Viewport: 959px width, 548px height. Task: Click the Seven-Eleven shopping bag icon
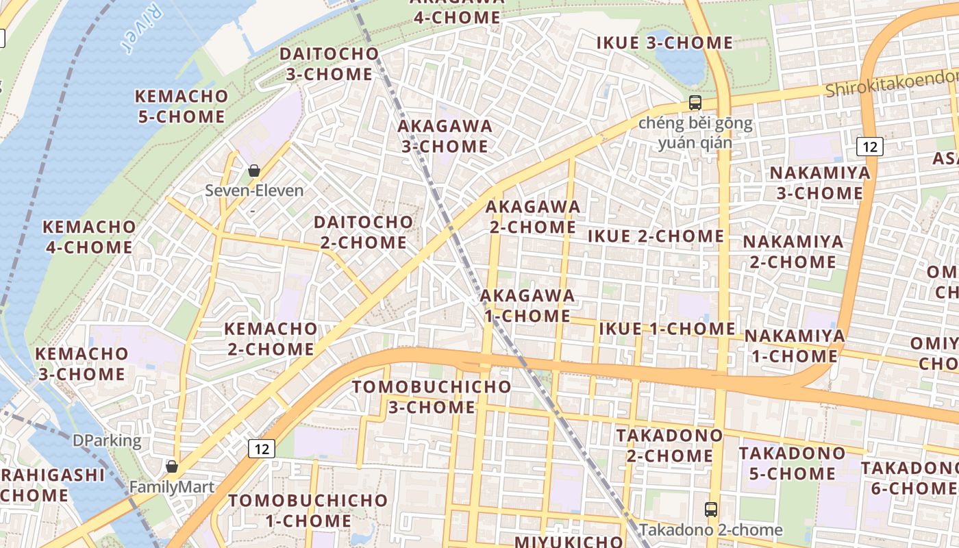pos(254,170)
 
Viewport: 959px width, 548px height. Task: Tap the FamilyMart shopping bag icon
pos(172,466)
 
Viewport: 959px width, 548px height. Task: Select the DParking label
pos(107,441)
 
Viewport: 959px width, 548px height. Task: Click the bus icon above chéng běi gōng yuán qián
pos(695,103)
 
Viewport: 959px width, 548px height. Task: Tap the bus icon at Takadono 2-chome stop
pos(711,510)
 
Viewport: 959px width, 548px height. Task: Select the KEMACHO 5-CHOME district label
pos(182,106)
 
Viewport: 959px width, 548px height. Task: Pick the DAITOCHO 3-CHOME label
pos(329,64)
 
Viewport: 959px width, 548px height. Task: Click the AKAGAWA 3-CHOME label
pos(445,136)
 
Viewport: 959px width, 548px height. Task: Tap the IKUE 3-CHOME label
pos(664,43)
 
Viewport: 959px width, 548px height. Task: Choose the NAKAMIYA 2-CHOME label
pos(793,251)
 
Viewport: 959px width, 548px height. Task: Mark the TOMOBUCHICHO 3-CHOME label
pos(432,397)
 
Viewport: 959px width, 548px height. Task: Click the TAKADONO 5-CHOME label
pos(791,463)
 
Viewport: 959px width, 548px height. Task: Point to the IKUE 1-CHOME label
pos(667,329)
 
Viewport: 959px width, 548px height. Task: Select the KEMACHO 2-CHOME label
pos(271,338)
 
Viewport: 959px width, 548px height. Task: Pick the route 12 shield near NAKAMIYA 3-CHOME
pos(869,146)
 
